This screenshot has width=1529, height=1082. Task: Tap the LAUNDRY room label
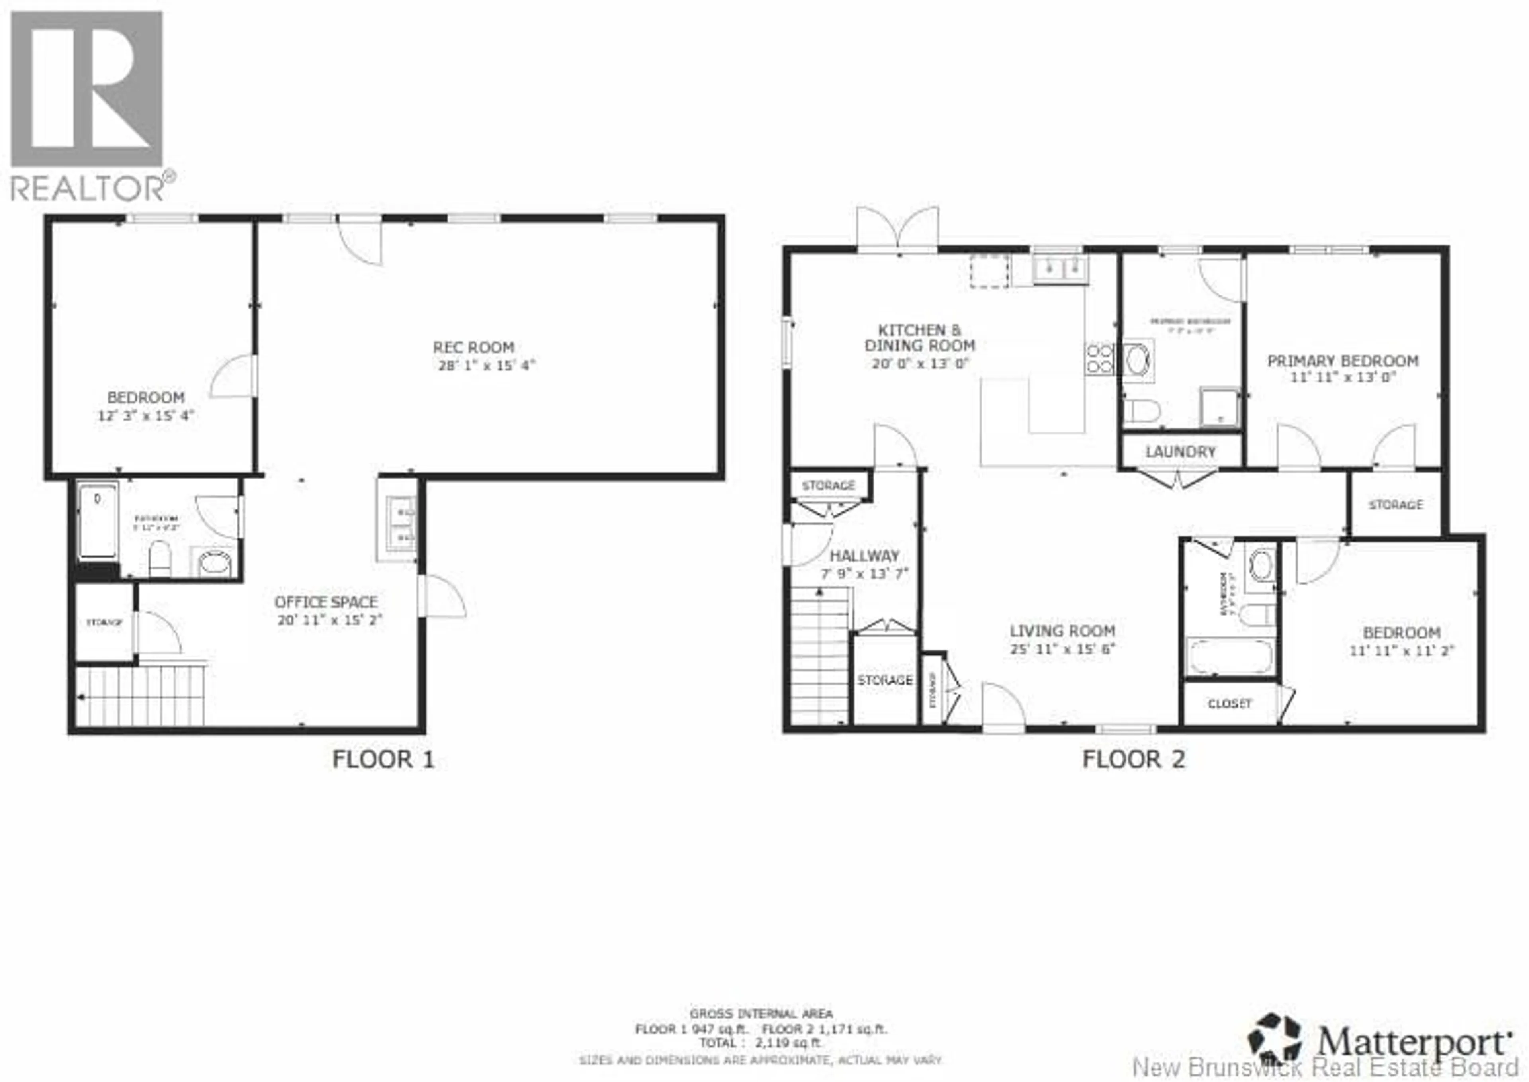click(1181, 452)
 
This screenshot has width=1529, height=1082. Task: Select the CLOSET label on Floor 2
click(1229, 704)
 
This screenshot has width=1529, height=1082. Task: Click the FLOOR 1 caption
click(383, 759)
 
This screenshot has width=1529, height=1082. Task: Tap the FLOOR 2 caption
click(1133, 759)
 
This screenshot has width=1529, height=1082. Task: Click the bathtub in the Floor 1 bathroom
click(98, 521)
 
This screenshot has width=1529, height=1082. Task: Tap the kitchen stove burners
click(1100, 358)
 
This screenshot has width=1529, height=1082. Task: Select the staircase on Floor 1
click(140, 696)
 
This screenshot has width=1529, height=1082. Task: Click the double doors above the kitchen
click(897, 230)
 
